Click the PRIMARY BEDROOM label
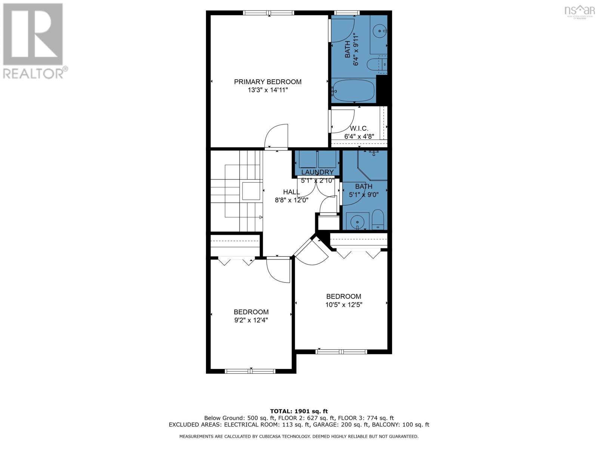(268, 82)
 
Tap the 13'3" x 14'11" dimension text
(268, 90)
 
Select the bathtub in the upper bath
(353, 90)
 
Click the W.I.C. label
(359, 128)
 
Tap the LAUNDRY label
(317, 172)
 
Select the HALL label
(291, 192)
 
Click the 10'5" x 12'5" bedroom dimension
(343, 305)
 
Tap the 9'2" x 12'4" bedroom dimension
(251, 320)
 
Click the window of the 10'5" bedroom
(341, 351)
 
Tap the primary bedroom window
(268, 13)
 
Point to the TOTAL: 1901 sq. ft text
(299, 411)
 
